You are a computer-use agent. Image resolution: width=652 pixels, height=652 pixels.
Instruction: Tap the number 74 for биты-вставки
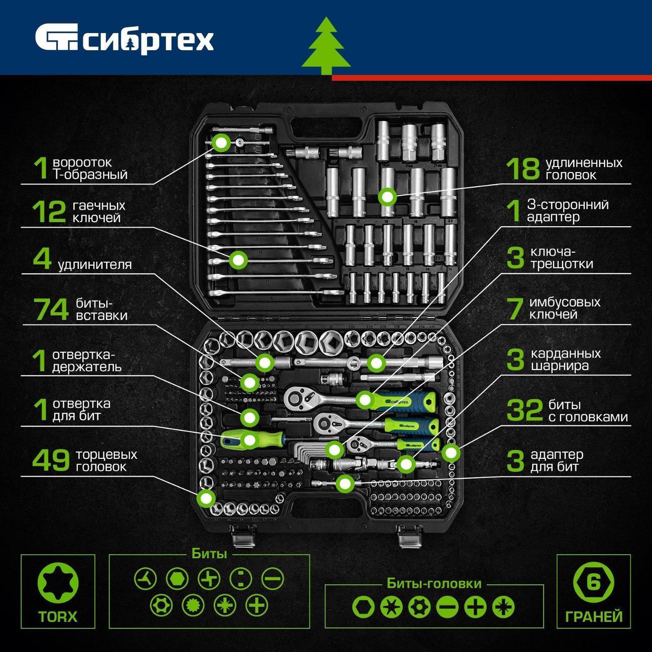pos(51,309)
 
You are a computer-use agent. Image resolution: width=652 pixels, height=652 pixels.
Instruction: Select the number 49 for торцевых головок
pos(51,460)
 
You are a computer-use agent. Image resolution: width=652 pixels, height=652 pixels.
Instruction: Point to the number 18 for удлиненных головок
pos(523,169)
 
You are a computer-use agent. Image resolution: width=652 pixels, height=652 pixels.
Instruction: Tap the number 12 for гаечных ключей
pos(49,212)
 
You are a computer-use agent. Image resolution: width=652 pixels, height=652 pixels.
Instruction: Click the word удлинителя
pos(95,264)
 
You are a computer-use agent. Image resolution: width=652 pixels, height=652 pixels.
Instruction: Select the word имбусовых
pos(565,302)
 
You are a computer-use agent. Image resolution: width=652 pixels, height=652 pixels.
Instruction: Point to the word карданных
pos(565,354)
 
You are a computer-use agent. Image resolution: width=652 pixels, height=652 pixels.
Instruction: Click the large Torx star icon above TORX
pos(58,583)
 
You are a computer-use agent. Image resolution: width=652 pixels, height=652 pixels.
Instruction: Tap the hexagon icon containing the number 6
pos(593,583)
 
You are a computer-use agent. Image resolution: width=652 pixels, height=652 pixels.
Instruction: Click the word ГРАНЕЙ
pos(594,616)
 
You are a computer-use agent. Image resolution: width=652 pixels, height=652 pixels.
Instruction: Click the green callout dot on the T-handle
pos(221,143)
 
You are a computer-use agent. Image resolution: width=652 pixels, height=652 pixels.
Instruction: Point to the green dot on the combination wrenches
pos(238,260)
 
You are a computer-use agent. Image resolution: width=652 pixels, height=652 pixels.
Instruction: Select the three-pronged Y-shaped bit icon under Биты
pos(145,579)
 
